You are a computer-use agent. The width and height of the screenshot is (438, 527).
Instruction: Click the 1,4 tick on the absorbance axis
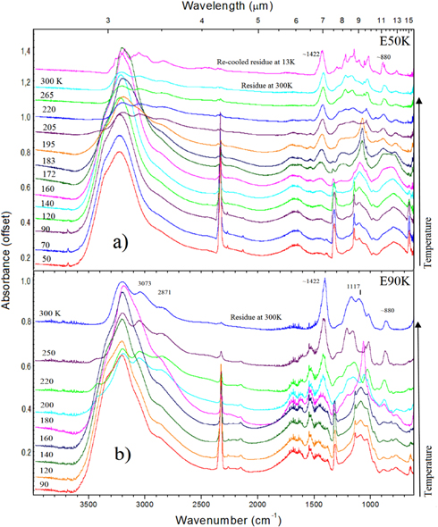coord(27,54)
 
